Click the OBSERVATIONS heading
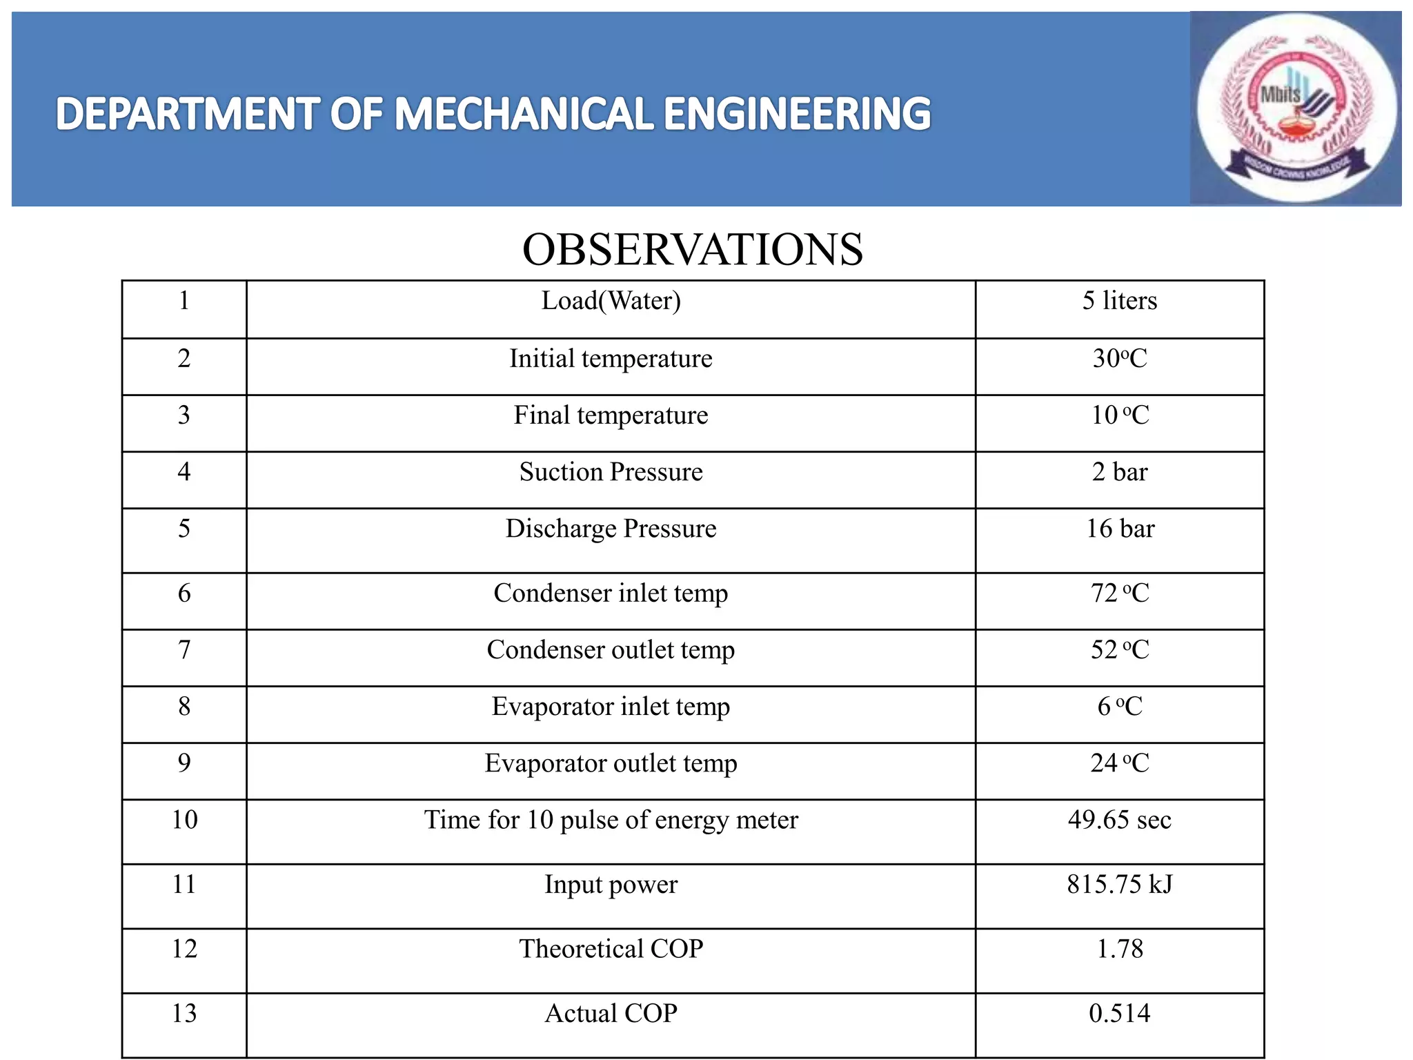(x=692, y=249)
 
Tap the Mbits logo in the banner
(x=1296, y=108)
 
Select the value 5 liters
(x=1119, y=301)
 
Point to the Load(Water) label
(x=611, y=301)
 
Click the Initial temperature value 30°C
(x=1119, y=359)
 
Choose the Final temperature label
(x=611, y=415)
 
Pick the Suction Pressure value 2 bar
(x=1119, y=472)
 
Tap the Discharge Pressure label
(x=611, y=529)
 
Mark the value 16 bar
(x=1119, y=529)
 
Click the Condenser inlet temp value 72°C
(x=1119, y=593)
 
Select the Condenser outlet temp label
(x=611, y=650)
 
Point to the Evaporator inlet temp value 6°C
(x=1119, y=707)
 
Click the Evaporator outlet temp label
(x=611, y=763)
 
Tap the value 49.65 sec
(x=1119, y=820)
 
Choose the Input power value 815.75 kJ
(x=1119, y=885)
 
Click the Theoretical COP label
(x=611, y=949)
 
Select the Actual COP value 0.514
(x=1119, y=1014)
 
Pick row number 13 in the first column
(x=184, y=1014)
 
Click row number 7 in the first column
(x=184, y=650)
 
